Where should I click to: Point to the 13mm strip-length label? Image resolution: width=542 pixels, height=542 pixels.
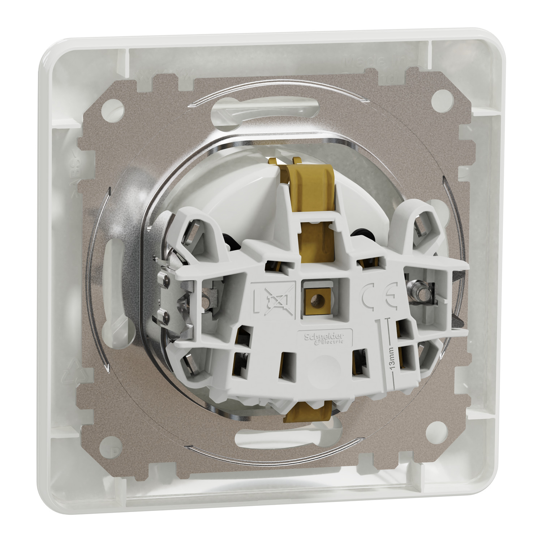[393, 360]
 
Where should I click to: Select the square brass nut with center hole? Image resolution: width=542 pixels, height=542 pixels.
[318, 298]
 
